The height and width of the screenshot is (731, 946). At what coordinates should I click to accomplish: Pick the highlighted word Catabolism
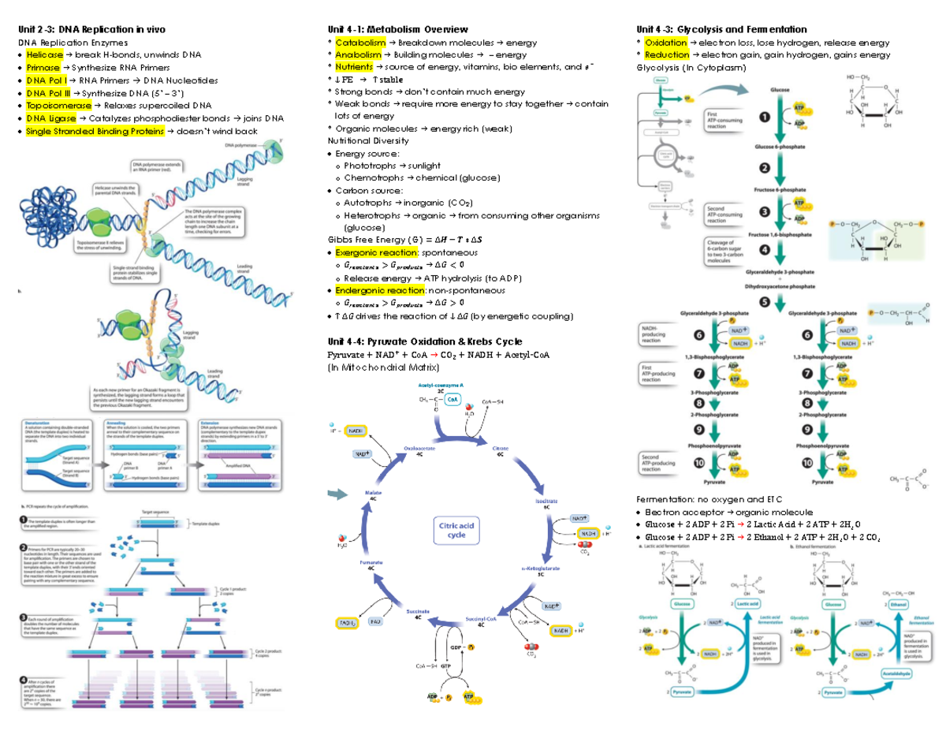tap(360, 42)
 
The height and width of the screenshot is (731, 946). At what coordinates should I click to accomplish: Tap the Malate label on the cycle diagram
tap(373, 493)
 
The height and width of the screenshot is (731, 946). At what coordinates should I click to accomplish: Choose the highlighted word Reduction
tap(666, 54)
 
